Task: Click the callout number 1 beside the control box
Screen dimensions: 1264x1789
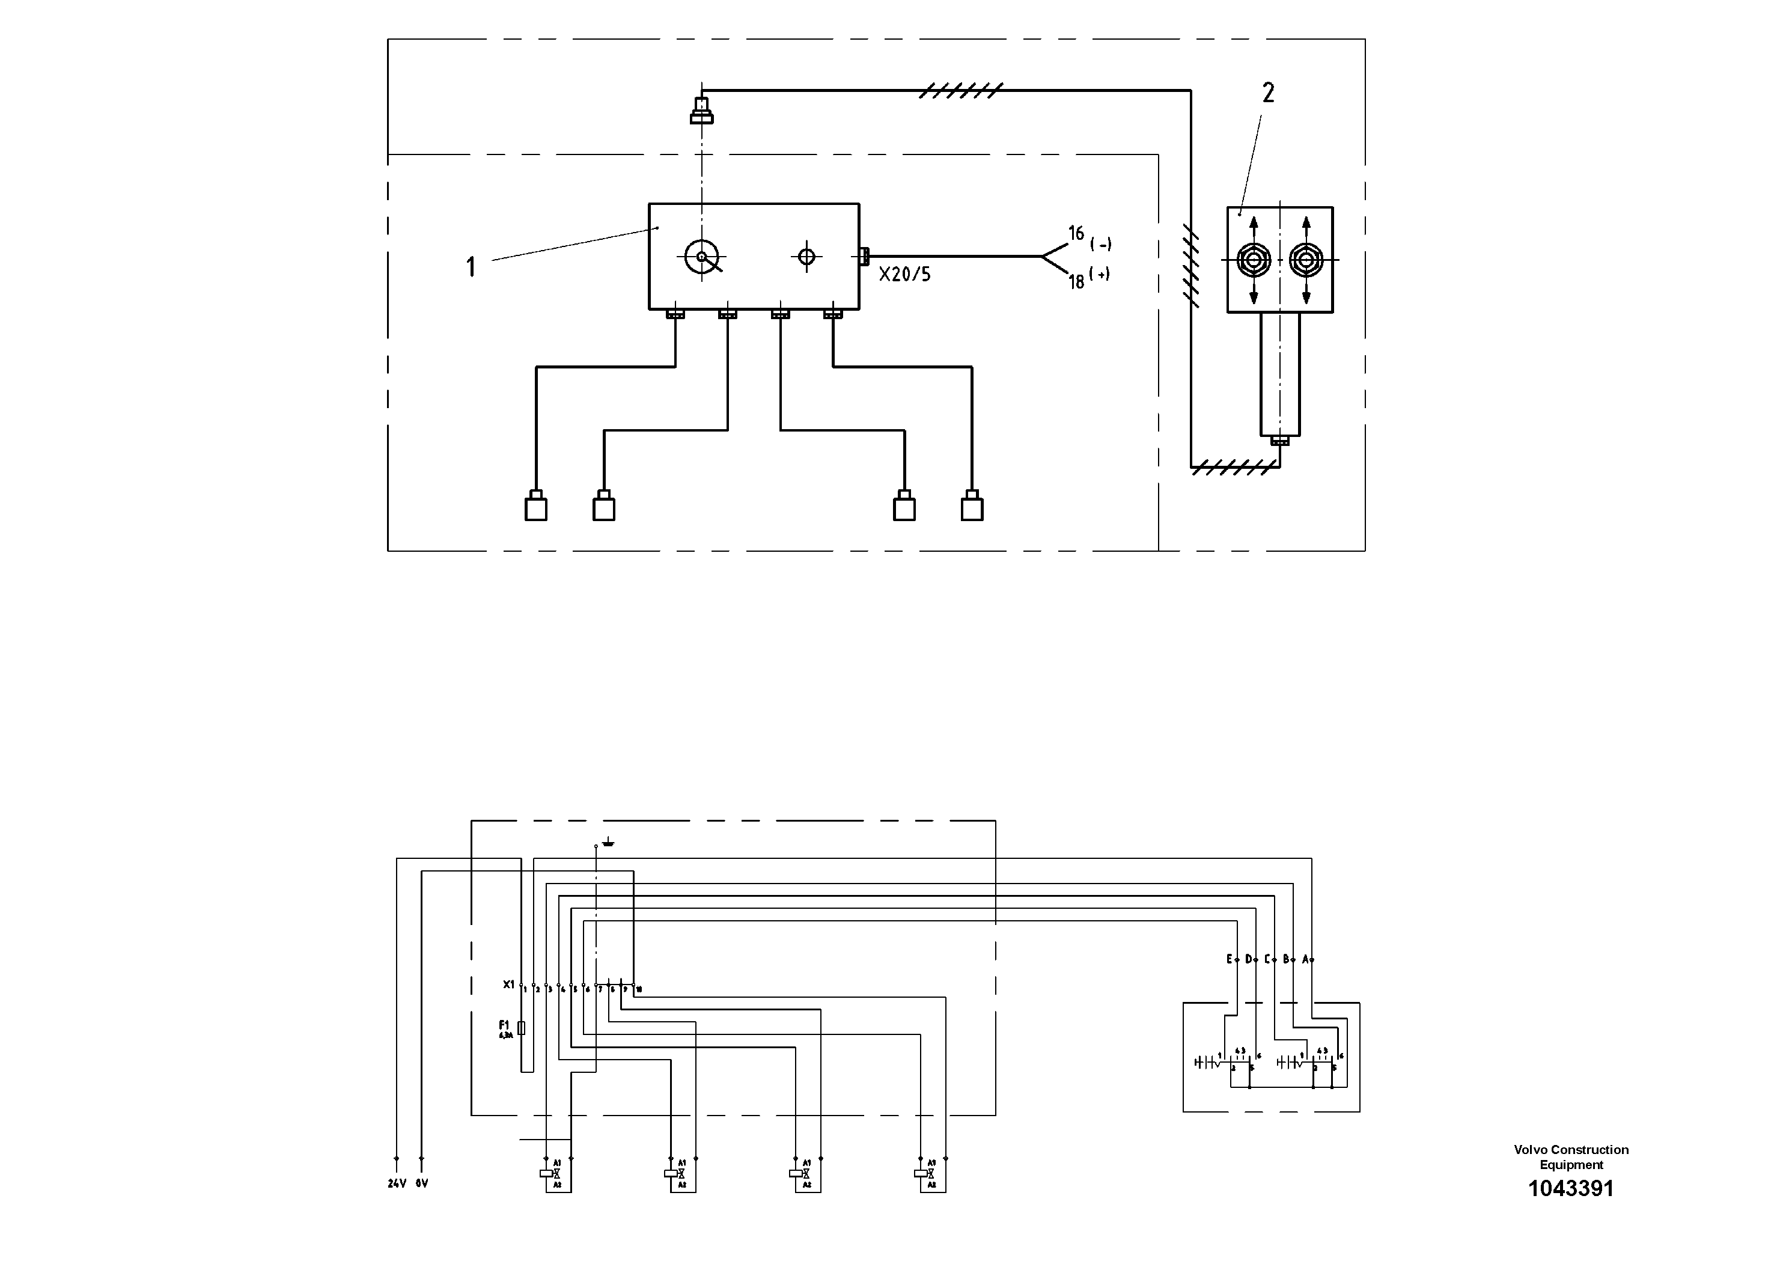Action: click(x=471, y=267)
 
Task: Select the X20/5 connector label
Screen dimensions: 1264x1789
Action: click(x=904, y=274)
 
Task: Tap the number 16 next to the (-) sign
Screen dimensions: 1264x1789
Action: click(x=1076, y=233)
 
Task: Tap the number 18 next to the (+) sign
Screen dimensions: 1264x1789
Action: click(x=1076, y=281)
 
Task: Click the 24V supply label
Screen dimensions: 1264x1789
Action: click(x=397, y=1183)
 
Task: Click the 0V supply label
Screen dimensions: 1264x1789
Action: click(x=421, y=1183)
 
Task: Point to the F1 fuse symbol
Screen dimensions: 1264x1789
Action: click(x=521, y=1028)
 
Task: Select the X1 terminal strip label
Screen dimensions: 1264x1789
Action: click(x=509, y=985)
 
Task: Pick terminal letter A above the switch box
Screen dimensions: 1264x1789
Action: click(x=1305, y=959)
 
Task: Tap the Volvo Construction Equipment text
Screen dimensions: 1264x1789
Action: click(x=1571, y=1156)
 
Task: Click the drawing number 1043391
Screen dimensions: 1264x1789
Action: click(x=1571, y=1188)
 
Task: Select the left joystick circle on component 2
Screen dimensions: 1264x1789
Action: click(x=1254, y=260)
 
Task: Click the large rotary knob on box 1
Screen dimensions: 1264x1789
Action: click(x=701, y=257)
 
